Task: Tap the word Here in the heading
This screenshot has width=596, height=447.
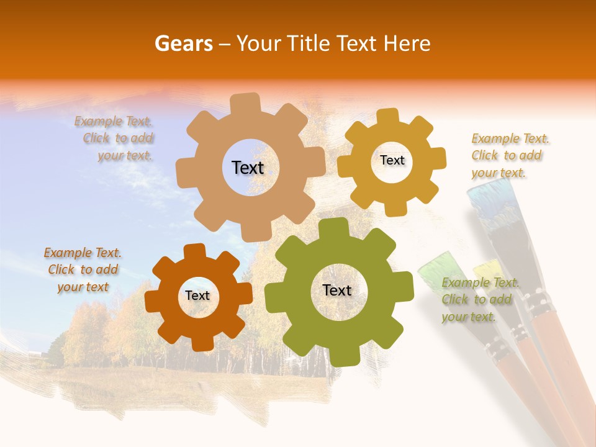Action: pos(407,43)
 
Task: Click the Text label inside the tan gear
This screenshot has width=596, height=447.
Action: pos(248,168)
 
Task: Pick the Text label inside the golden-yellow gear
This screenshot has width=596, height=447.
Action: pos(392,160)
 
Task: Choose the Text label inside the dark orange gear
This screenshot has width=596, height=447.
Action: pos(197,296)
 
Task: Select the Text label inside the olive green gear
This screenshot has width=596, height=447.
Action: pos(337,290)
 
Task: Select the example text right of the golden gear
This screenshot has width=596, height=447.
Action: pos(509,155)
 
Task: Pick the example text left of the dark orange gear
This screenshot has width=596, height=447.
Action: pos(83,269)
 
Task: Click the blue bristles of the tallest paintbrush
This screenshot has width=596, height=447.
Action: pos(490,199)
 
